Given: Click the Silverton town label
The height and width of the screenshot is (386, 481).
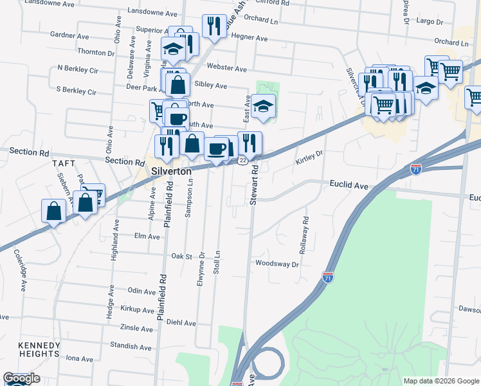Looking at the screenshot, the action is coord(171,172).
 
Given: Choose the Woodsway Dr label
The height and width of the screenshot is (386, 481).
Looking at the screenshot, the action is coord(277,264).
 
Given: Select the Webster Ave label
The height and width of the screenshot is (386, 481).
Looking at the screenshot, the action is coord(231,69).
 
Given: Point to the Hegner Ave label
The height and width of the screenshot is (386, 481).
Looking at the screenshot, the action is coord(251,39).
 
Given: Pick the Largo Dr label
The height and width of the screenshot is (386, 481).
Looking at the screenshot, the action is coord(430,22).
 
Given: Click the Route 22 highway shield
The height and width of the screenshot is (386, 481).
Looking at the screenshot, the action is coord(242,160).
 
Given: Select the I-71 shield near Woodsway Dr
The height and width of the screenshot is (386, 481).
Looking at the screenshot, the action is coord(327,277).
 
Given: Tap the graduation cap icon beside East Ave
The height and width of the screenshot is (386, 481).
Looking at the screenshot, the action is coord(262,106).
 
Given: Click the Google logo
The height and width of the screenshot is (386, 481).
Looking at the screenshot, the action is coord(21,378).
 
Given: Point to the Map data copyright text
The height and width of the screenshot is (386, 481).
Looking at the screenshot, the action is coord(440,381).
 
